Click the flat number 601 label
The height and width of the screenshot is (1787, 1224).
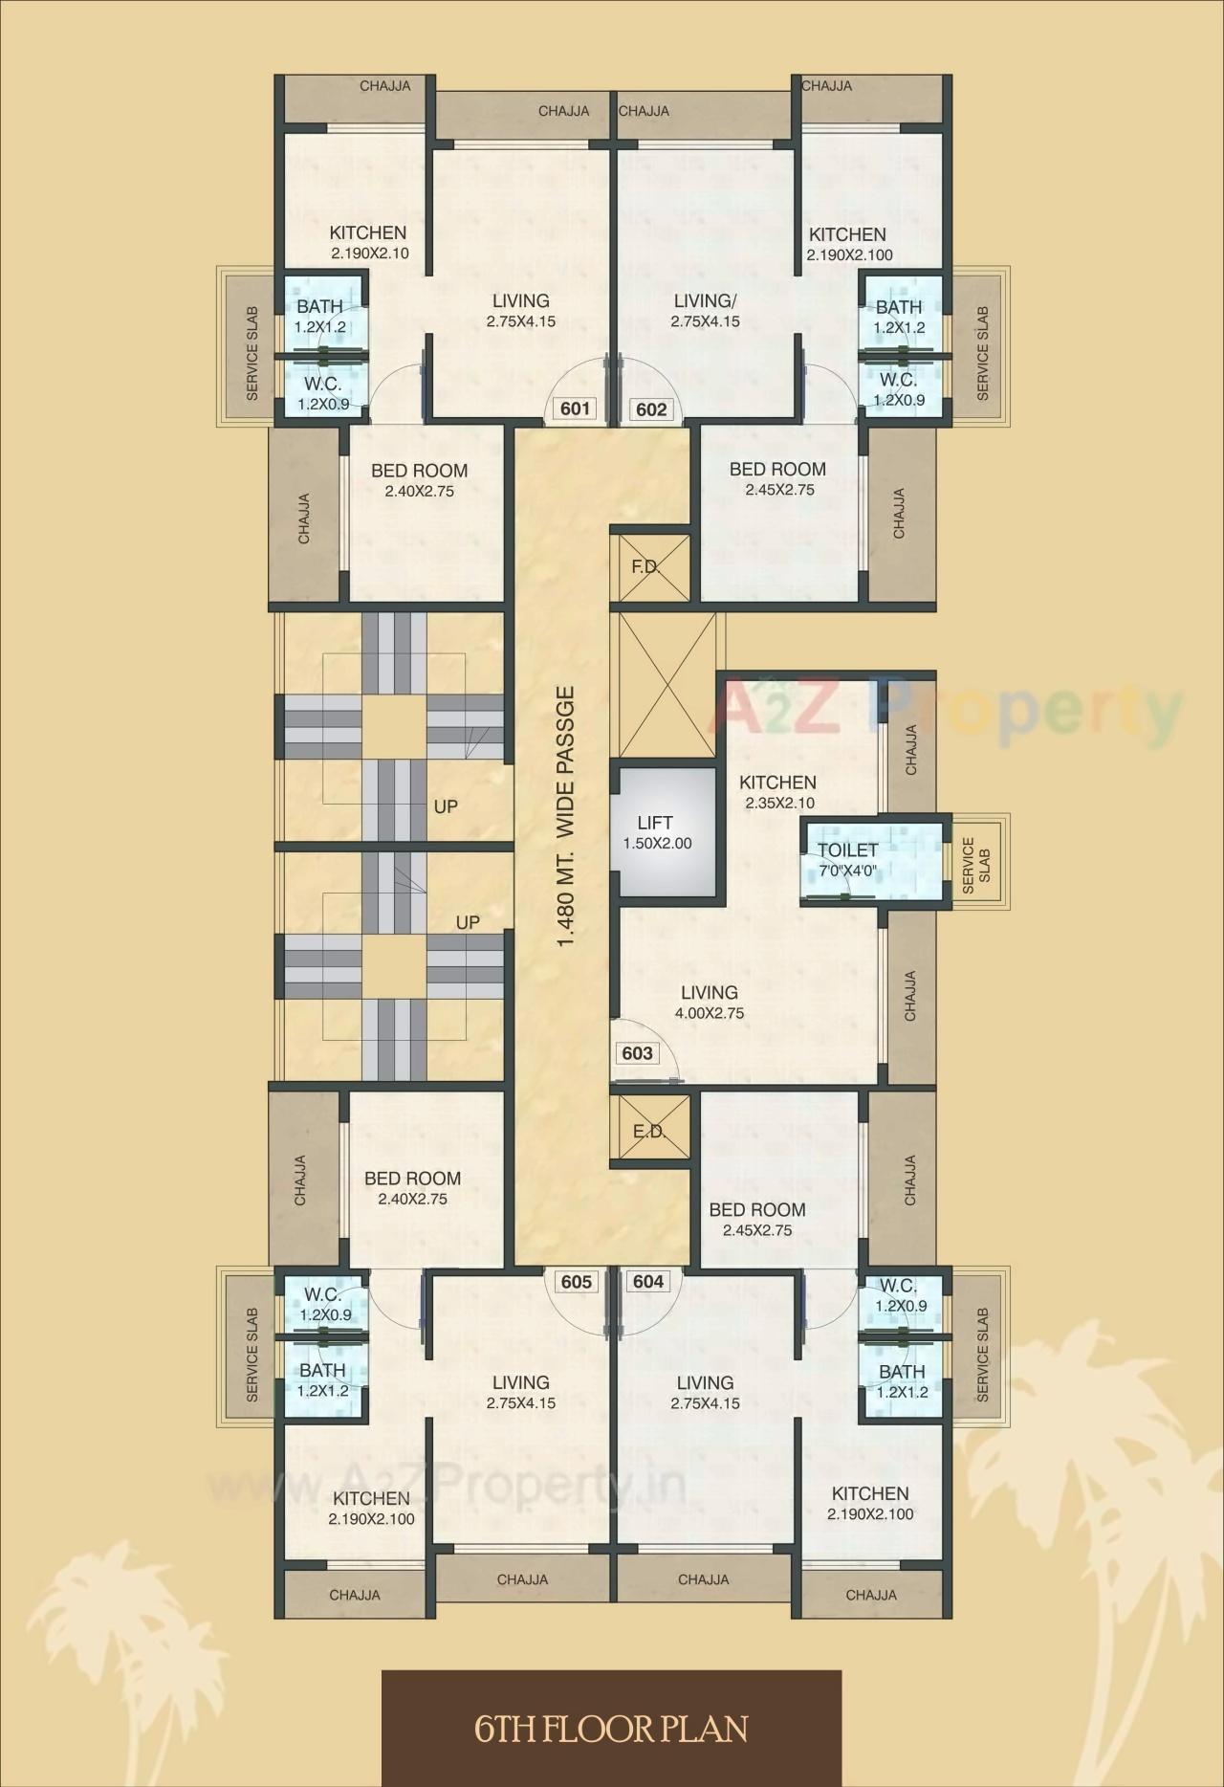(x=574, y=409)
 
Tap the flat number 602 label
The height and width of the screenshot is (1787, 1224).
(x=651, y=410)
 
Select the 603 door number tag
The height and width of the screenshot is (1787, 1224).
(x=637, y=1053)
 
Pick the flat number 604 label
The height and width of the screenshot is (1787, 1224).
(x=648, y=1281)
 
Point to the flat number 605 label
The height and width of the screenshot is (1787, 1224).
(x=577, y=1281)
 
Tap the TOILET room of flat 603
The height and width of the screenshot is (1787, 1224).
(x=847, y=859)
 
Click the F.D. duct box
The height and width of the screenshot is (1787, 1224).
(x=650, y=567)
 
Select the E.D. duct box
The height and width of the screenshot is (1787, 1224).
(x=650, y=1131)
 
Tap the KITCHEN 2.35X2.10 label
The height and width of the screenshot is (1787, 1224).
(x=777, y=792)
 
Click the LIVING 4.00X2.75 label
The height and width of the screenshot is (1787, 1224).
(x=710, y=1002)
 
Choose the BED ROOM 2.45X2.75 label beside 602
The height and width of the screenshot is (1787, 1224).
(x=777, y=478)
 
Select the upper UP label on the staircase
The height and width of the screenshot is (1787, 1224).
(x=446, y=806)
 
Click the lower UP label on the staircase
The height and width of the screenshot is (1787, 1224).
(x=468, y=922)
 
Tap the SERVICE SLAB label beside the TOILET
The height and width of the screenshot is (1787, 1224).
(x=977, y=866)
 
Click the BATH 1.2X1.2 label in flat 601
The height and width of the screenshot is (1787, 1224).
(x=320, y=316)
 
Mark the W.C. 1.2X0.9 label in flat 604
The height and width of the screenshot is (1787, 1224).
(x=900, y=1295)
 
